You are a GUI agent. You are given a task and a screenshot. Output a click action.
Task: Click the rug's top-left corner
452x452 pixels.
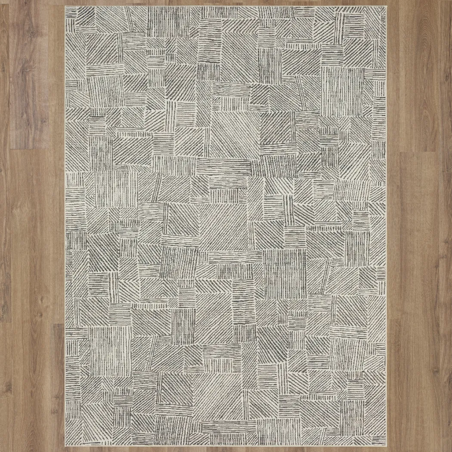click(65, 6)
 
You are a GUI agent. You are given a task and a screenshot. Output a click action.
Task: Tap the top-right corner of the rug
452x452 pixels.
click(386, 6)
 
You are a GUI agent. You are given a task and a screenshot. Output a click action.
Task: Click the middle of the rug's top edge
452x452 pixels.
click(226, 6)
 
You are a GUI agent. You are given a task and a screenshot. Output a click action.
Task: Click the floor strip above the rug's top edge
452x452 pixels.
click(226, 3)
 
